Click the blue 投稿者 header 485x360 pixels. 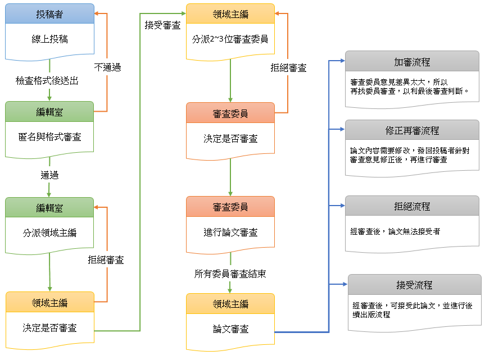pyautogui.click(x=49, y=13)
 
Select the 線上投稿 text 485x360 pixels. pyautogui.click(x=49, y=40)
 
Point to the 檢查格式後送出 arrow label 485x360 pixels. pyautogui.click(x=47, y=81)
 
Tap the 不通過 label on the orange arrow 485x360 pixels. pyautogui.click(x=107, y=67)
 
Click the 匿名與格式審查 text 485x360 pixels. pyautogui.click(x=49, y=136)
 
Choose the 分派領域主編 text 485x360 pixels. pyautogui.click(x=49, y=232)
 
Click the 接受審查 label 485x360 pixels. pyautogui.click(x=162, y=25)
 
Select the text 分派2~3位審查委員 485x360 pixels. pyautogui.click(x=230, y=39)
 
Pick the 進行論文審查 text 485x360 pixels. pyautogui.click(x=230, y=232)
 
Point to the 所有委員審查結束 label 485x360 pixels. pyautogui.click(x=230, y=274)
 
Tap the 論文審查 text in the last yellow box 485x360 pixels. pyautogui.click(x=230, y=329)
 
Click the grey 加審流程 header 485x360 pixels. pyautogui.click(x=412, y=62)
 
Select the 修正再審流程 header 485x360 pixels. pyautogui.click(x=412, y=130)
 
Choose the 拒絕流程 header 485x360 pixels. pyautogui.click(x=412, y=206)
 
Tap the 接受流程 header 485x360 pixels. pyautogui.click(x=414, y=285)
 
